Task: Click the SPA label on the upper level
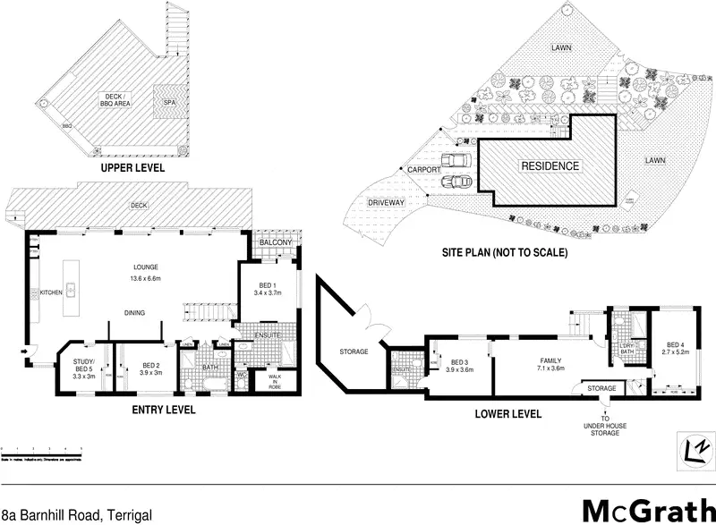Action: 169,101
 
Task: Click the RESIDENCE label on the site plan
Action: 550,165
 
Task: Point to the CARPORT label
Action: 423,169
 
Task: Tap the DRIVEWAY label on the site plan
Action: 388,203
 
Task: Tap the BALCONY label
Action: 276,243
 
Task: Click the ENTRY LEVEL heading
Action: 164,411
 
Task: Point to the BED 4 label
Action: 676,349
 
